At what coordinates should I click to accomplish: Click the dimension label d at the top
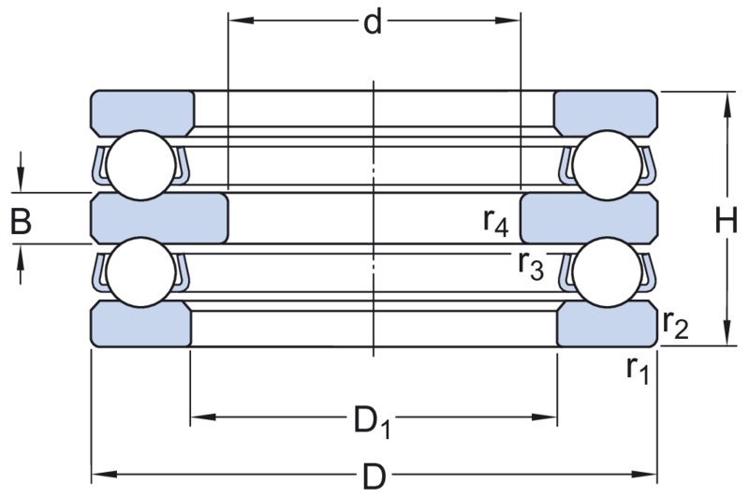point(374,22)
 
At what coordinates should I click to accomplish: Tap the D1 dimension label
point(373,424)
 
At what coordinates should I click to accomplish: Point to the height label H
point(726,220)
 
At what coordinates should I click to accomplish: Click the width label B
point(22,223)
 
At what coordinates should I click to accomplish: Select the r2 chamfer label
point(675,325)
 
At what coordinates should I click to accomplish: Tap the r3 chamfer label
point(531,265)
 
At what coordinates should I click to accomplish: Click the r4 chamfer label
point(497,222)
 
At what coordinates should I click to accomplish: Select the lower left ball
point(140,271)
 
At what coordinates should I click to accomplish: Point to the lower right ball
point(608,271)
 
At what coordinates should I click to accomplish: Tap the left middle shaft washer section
point(159,217)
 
